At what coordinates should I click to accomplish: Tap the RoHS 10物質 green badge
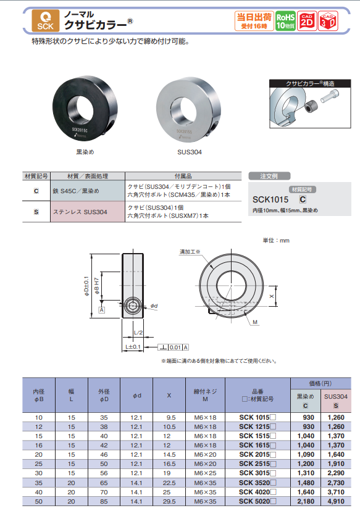285,20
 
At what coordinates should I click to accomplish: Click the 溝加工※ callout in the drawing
190,252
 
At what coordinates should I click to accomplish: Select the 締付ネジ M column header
205,396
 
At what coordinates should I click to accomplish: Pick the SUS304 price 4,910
336,502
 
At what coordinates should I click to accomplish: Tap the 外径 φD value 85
103,502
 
